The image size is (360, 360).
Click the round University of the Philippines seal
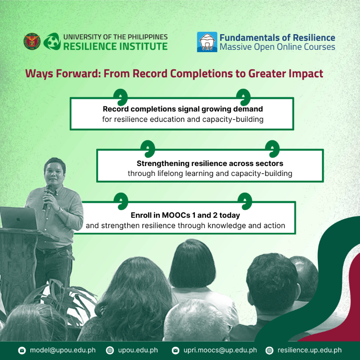pyautogui.click(x=32, y=41)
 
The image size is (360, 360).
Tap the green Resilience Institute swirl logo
pyautogui.click(x=52, y=41)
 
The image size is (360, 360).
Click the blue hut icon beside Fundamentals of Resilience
pyautogui.click(x=207, y=42)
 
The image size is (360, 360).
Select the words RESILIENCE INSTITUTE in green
pyautogui.click(x=115, y=46)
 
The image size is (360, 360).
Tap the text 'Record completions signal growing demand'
pyautogui.click(x=183, y=109)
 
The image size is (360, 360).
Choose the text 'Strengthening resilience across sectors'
pyautogui.click(x=210, y=163)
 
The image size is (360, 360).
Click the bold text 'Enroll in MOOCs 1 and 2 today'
pyautogui.click(x=185, y=215)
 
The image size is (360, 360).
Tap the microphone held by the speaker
pyautogui.click(x=47, y=197)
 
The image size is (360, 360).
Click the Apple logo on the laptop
pyautogui.click(x=18, y=219)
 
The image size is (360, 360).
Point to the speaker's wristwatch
pyautogui.click(x=60, y=209)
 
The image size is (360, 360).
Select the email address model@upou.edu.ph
pyautogui.click(x=63, y=350)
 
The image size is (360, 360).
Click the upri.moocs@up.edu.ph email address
pyautogui.click(x=220, y=350)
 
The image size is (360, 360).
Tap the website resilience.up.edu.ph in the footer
pyautogui.click(x=310, y=350)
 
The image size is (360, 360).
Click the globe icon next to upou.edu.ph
pyautogui.click(x=110, y=351)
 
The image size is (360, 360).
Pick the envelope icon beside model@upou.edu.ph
pyautogui.click(x=22, y=351)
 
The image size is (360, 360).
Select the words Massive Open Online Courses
pyautogui.click(x=277, y=47)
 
